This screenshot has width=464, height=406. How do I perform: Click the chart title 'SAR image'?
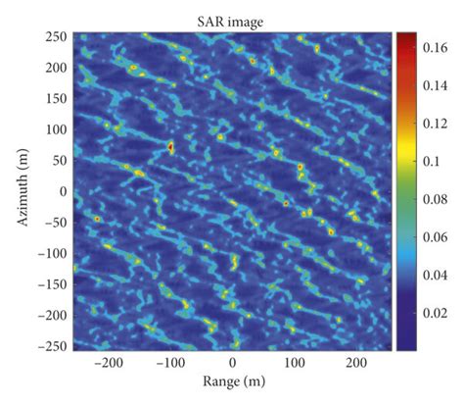(232, 20)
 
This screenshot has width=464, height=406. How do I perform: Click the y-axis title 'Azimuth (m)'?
(21, 190)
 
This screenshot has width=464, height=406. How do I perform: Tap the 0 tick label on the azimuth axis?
(65, 191)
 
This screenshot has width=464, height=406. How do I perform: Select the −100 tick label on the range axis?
(168, 363)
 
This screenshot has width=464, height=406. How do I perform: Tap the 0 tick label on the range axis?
(233, 363)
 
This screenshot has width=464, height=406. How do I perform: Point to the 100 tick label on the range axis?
(295, 363)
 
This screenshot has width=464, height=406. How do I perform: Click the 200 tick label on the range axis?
(357, 363)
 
